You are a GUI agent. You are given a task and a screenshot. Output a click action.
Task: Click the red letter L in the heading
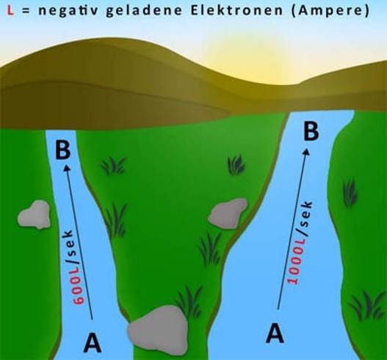(x=10, y=11)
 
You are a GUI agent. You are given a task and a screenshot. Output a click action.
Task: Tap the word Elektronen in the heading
(x=236, y=11)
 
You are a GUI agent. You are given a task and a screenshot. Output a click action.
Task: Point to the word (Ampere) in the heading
(x=330, y=12)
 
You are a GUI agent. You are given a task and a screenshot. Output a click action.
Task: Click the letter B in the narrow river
(x=62, y=150)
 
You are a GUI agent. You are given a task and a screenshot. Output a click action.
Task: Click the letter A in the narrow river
(x=93, y=342)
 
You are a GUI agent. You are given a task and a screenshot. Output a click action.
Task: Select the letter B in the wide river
(x=311, y=131)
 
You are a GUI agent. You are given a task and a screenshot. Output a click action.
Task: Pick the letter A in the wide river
(x=275, y=334)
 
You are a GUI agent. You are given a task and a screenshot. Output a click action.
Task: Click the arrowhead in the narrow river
(x=67, y=168)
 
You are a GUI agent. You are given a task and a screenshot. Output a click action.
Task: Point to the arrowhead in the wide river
(x=306, y=151)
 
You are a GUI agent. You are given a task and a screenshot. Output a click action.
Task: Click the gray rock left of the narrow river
(x=34, y=215)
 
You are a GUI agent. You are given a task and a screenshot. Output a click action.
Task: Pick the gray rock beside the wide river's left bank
(x=228, y=213)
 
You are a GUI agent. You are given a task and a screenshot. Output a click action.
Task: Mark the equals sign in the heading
(x=26, y=11)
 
